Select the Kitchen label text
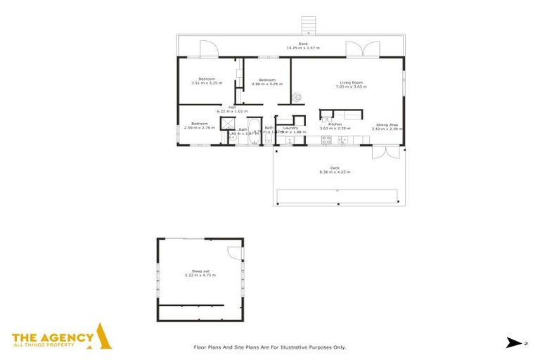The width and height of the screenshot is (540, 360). point(335,124)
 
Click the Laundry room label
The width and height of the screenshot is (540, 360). point(291,127)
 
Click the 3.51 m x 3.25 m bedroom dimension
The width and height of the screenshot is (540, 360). point(206,83)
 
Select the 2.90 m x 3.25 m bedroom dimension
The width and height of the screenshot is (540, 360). point(267,84)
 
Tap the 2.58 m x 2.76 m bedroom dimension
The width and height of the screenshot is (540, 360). point(199,128)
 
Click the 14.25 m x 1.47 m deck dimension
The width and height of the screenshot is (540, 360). point(303,48)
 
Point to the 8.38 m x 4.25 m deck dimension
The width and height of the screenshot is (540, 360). point(335,172)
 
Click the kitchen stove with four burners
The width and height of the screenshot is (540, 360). point(326,140)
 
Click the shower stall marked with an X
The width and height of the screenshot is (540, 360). point(228,124)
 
